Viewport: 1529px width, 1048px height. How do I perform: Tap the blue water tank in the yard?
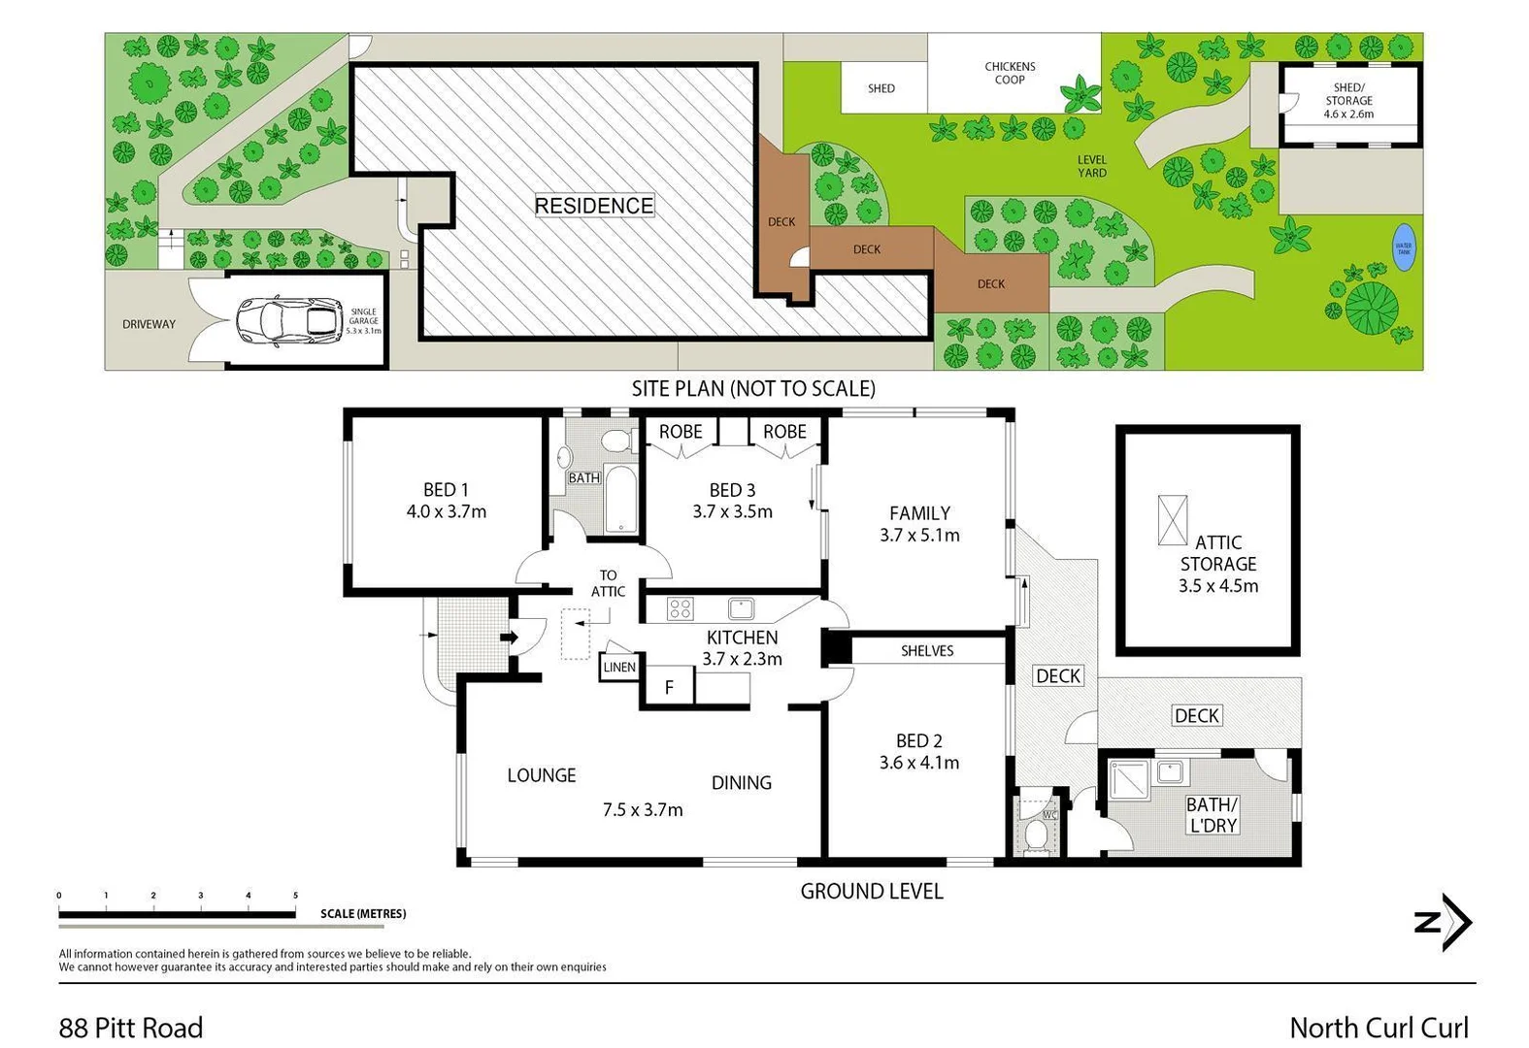pos(1403,247)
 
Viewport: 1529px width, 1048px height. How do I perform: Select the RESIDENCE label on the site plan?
pos(594,206)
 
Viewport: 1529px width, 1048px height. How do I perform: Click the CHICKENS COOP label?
pos(1010,73)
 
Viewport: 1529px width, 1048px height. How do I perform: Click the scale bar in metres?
pos(177,913)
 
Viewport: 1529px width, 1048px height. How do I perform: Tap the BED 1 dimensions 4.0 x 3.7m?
pos(447,511)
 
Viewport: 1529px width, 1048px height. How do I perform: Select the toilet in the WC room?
pos(1035,835)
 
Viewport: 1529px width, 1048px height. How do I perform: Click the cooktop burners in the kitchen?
pos(680,609)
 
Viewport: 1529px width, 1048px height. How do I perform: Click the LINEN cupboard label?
pos(619,667)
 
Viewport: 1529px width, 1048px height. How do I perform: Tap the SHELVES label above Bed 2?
pos(927,650)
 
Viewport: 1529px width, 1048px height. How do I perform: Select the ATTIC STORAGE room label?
pos(1217,564)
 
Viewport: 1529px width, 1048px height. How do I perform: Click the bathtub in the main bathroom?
pos(621,500)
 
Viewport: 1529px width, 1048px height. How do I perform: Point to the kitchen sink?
pos(741,608)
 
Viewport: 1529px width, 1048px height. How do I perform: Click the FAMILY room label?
pos(919,513)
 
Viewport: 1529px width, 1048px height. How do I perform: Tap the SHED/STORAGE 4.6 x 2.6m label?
pos(1348,101)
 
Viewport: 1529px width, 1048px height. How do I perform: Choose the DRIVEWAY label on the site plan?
pos(149,324)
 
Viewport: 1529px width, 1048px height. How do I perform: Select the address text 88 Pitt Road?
pos(131,1027)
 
